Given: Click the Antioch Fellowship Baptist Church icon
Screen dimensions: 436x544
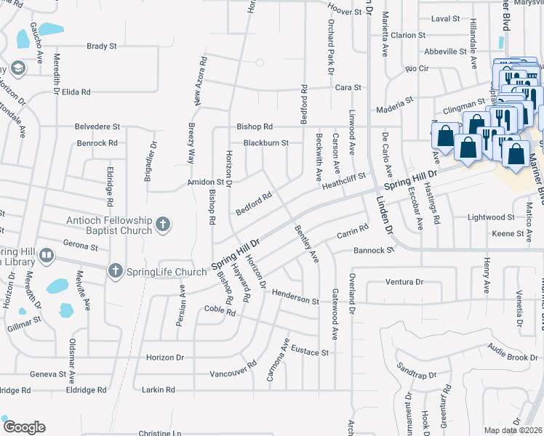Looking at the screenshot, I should pos(163,225).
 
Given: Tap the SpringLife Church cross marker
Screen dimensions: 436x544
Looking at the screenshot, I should pos(115,272).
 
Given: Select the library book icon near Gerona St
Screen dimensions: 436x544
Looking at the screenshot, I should pos(46,255).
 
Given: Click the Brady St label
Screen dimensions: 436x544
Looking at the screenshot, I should pos(102,46).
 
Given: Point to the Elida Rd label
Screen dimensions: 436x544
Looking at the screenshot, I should pos(76,92).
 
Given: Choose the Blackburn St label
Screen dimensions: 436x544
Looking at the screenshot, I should pos(265,142).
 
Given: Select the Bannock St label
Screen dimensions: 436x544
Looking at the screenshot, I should pos(373,250).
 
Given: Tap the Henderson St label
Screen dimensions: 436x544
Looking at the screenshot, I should pos(295,296).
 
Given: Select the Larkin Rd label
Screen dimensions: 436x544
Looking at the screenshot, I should pos(159,390).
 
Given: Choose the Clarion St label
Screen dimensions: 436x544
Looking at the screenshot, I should pos(407,35).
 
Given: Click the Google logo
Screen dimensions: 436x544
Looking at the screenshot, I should pos(23,427).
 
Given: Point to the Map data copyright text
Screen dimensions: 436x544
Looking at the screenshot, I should pos(513,430).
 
